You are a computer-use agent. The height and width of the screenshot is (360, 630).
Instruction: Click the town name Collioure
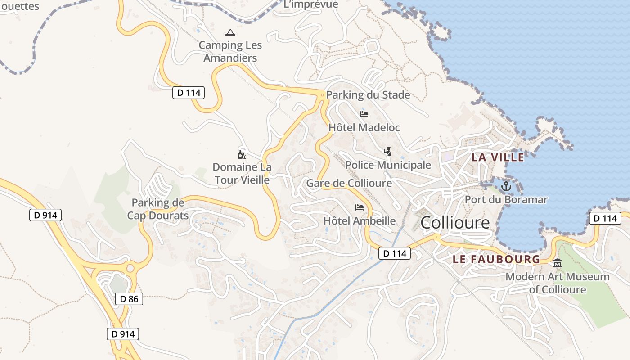point(455,223)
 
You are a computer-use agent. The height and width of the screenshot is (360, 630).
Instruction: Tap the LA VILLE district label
point(498,157)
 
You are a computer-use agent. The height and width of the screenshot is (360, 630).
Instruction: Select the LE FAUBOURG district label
point(496,259)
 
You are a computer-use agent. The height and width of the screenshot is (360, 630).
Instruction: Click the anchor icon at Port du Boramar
point(507,186)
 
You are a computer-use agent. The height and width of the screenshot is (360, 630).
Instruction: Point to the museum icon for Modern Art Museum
point(558,263)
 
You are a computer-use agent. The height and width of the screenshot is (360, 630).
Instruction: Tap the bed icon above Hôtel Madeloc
point(364,114)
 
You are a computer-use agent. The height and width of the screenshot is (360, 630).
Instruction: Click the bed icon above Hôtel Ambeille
point(360,207)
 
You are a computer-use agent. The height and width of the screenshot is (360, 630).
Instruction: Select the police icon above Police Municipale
point(387,152)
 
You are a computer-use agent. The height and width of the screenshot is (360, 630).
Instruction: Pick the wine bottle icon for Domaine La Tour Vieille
point(242,155)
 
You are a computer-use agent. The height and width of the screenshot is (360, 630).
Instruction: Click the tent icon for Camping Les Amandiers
point(230,33)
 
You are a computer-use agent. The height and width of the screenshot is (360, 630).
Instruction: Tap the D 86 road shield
point(129,298)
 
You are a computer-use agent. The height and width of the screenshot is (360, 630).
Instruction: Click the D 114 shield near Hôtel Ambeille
point(395,253)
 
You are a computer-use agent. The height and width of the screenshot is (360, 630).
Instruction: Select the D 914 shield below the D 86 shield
point(123,334)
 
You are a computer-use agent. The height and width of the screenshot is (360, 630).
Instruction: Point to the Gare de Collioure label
point(349,183)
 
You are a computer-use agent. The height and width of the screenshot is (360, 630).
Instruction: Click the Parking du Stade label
point(368,95)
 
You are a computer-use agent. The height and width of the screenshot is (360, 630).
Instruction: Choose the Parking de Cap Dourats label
point(158,209)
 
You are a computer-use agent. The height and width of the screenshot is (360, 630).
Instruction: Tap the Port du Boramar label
point(506,200)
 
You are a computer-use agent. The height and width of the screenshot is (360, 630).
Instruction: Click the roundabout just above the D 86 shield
point(130,268)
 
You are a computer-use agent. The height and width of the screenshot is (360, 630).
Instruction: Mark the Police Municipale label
point(388,165)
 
